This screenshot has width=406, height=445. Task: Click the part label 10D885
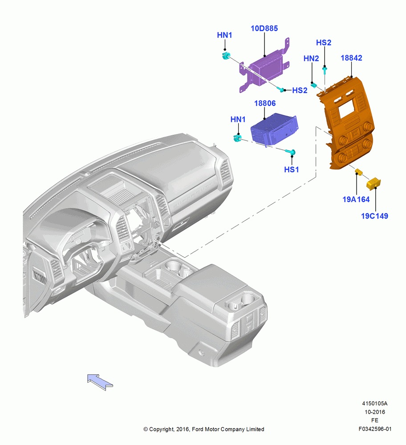(264, 28)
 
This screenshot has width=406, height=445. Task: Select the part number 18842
(351, 58)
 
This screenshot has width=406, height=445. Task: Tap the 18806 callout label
(265, 103)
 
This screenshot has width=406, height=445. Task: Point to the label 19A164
(356, 199)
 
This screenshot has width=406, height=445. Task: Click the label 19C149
(374, 216)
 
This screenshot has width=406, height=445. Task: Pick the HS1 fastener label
(291, 170)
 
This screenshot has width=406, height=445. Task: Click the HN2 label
(311, 58)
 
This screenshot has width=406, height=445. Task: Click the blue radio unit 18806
(274, 129)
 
